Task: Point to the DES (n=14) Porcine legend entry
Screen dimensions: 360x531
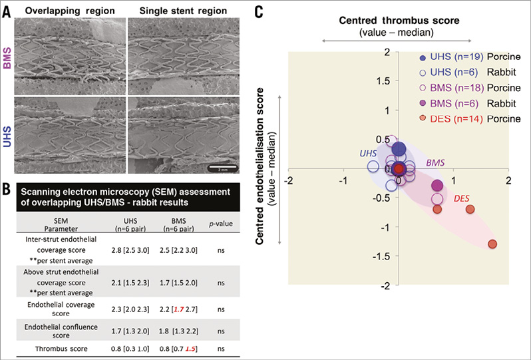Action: (460, 118)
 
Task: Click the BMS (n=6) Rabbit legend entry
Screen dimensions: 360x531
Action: (460, 103)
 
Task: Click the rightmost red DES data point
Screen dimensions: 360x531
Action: (492, 244)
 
